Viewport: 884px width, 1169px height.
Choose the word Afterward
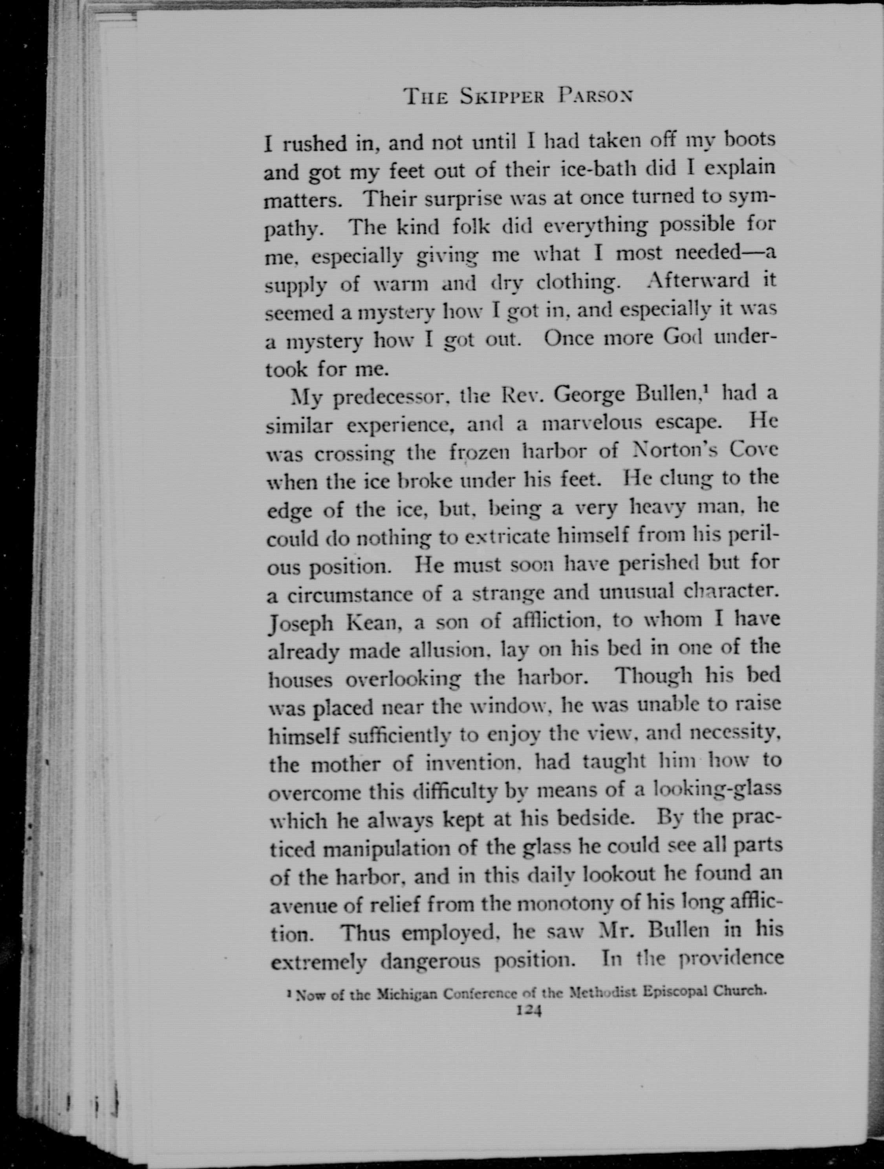pos(698,280)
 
